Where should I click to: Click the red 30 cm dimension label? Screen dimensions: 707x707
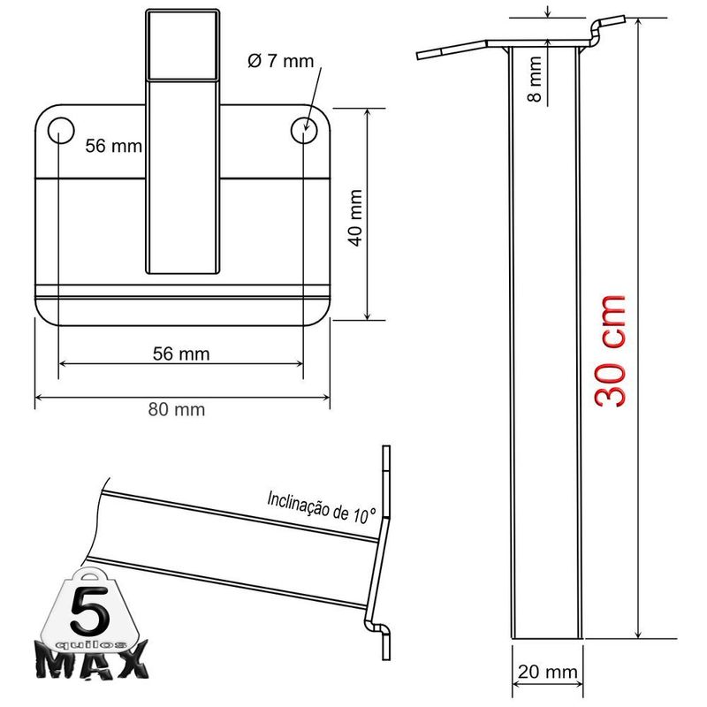coord(610,349)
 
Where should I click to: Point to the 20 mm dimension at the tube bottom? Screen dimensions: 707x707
coord(545,673)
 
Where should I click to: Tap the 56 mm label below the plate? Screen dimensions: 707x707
coord(181,354)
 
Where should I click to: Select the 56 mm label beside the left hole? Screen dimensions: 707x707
coord(113,147)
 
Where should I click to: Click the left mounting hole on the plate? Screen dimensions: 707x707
coord(60,130)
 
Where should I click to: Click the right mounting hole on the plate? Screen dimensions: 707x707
coord(304,130)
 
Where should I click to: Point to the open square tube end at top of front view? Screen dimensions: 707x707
coord(182,44)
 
